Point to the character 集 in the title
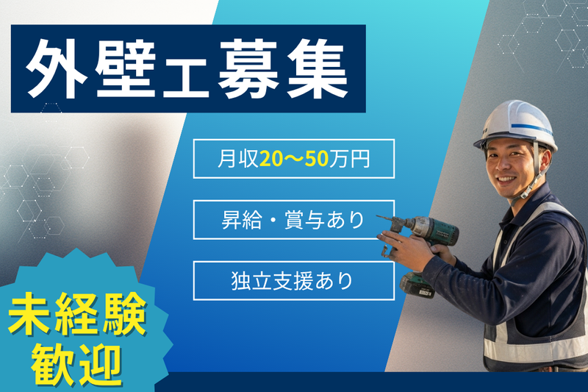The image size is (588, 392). (317, 70)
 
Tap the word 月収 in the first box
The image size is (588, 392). (235, 159)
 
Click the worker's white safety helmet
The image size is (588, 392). (514, 121)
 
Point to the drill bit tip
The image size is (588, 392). (378, 217)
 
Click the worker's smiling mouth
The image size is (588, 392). (506, 178)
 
